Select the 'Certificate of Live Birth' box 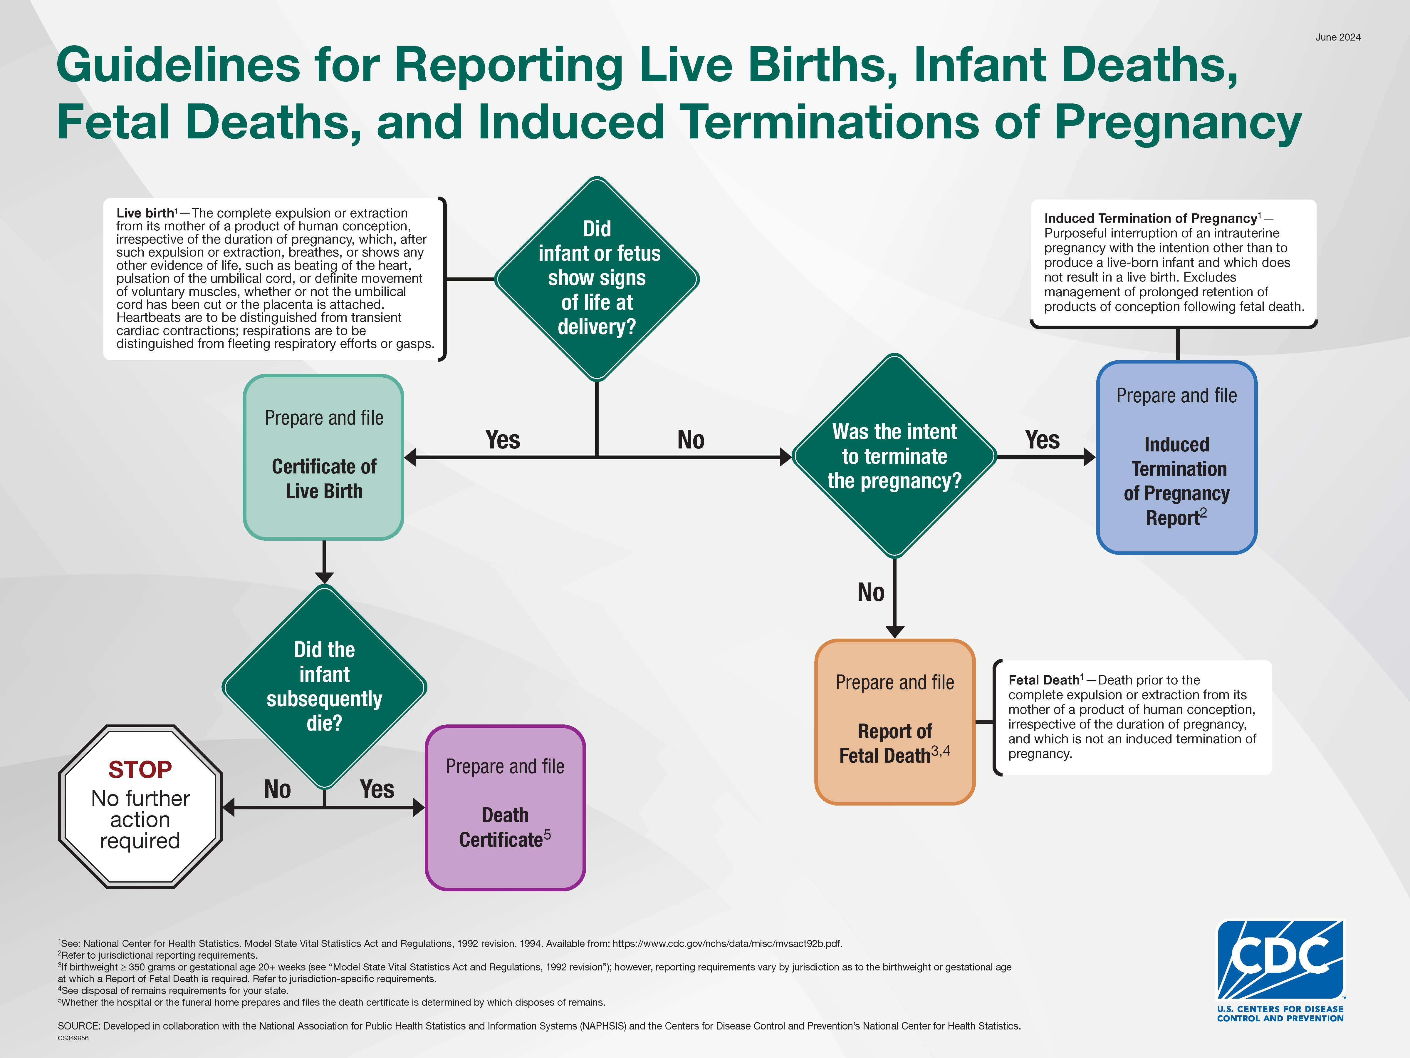(324, 457)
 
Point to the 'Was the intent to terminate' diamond (894, 456)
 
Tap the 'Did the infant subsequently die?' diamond (325, 687)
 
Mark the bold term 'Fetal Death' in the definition (1043, 680)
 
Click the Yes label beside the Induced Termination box (1042, 440)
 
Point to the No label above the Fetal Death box (871, 592)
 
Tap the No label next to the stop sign (277, 789)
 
